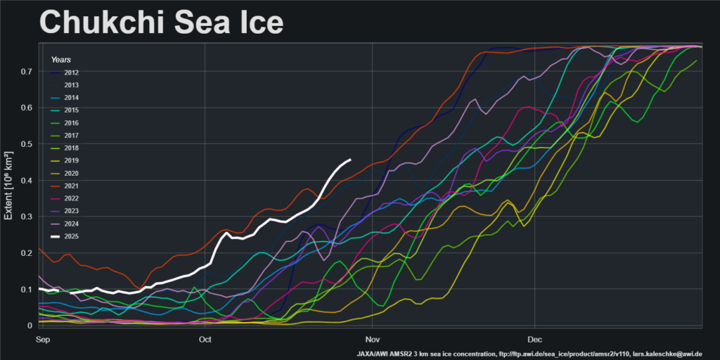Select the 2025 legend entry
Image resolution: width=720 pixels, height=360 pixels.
(71, 236)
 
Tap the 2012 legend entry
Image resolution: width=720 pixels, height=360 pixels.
(71, 72)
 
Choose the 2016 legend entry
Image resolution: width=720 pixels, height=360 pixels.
(71, 122)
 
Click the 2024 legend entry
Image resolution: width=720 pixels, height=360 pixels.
(71, 224)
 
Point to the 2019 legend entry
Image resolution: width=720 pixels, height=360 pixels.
(71, 160)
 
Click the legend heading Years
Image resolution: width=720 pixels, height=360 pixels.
(60, 60)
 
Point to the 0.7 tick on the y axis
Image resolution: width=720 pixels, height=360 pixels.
(27, 72)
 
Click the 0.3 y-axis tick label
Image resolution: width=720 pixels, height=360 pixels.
(27, 217)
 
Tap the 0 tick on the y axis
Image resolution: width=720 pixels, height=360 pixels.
(30, 326)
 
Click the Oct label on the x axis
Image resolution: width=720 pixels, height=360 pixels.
(205, 340)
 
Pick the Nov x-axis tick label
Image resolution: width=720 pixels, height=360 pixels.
(373, 340)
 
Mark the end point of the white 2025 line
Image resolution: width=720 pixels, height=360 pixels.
(350, 160)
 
